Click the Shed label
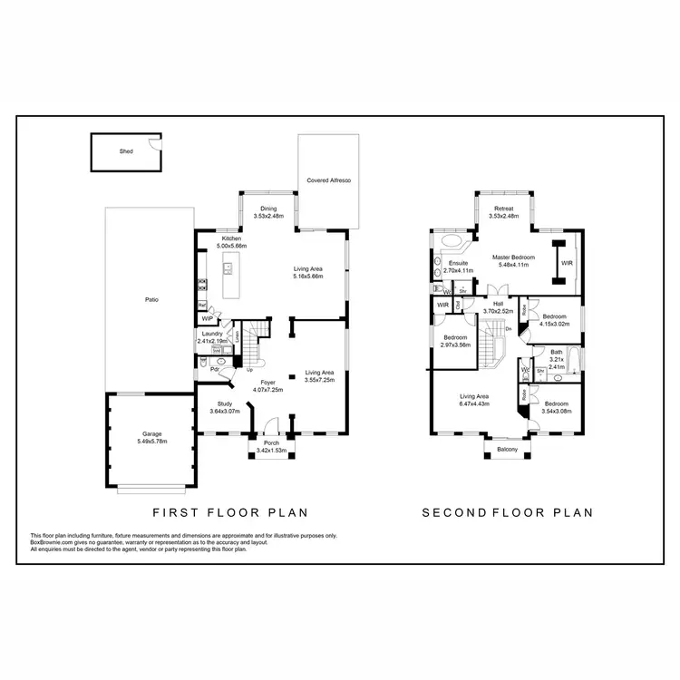(x=126, y=151)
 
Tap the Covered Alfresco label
(x=328, y=181)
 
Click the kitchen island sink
(x=228, y=268)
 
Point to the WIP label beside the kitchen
(x=208, y=319)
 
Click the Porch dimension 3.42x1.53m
(x=271, y=451)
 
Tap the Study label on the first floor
(x=226, y=403)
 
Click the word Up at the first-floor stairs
(x=249, y=369)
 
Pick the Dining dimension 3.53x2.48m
(x=268, y=217)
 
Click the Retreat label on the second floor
(x=502, y=209)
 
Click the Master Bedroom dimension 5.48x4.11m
(x=514, y=265)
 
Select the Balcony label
(x=507, y=449)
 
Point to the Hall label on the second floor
(x=498, y=304)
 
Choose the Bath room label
(x=557, y=351)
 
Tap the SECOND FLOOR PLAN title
(x=508, y=512)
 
